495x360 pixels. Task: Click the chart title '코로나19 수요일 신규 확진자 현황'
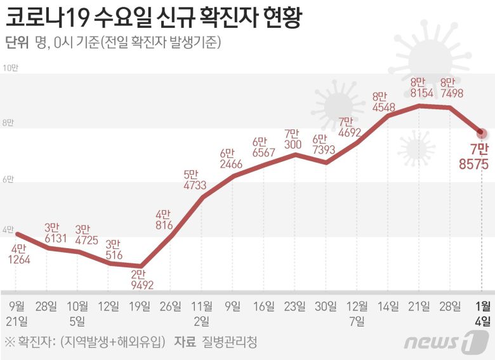(152, 17)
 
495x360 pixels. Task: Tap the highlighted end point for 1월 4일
(481, 133)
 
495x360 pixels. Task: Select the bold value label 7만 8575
(473, 157)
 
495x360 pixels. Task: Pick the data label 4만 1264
(19, 253)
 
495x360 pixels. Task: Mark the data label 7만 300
(293, 139)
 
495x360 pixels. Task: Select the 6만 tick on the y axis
(8, 180)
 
